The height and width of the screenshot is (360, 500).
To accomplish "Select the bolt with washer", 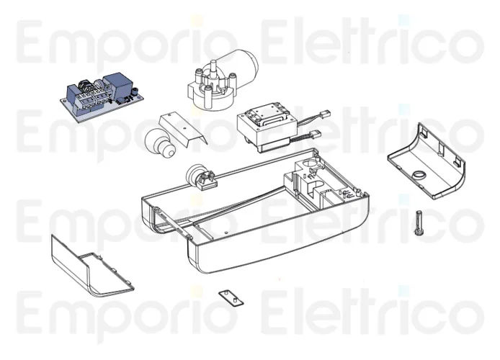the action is tap(419, 223).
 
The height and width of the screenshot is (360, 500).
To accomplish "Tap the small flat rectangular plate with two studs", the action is tap(231, 299).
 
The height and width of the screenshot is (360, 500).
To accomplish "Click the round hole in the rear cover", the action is tap(419, 174).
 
